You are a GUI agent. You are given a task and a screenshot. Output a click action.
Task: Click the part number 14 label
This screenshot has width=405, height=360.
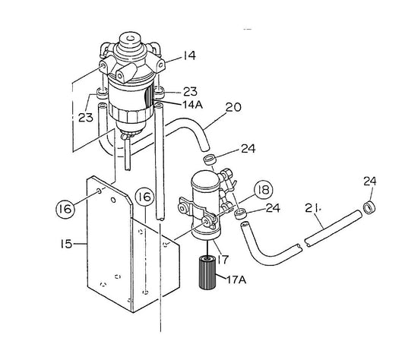point(189,55)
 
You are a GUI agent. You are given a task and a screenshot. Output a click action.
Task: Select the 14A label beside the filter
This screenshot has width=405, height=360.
point(193,105)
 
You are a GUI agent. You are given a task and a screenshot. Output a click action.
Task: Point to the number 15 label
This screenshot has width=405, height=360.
point(65,245)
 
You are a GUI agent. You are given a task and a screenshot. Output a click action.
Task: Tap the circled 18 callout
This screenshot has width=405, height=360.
point(262,190)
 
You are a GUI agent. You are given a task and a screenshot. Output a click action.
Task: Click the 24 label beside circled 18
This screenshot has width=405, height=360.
point(273,207)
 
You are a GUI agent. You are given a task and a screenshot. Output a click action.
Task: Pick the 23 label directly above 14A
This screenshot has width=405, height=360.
point(191,91)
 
